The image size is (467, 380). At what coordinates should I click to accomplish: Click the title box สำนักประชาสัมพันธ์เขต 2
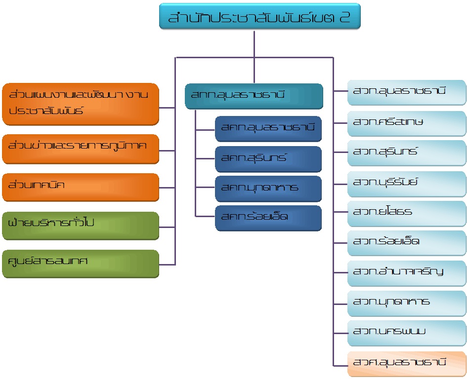[x=259, y=18]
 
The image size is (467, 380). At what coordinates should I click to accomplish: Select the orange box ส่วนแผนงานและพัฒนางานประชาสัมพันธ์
[x=81, y=104]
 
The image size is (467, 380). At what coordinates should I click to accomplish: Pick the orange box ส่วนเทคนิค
[x=81, y=187]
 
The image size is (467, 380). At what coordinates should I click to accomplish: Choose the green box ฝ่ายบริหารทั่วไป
[x=81, y=225]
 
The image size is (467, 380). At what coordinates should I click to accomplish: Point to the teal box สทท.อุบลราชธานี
[x=254, y=96]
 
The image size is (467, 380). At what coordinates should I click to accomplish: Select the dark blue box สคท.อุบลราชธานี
[x=268, y=129]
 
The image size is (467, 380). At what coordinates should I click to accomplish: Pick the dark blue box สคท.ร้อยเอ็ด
[x=268, y=218]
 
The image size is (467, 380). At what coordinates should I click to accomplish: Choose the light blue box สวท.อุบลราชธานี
[x=407, y=92]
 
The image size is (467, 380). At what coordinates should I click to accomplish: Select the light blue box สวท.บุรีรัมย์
[x=407, y=183]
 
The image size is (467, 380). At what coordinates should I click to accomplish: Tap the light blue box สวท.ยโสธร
[x=407, y=213]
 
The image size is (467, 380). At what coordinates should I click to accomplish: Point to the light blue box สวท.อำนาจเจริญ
[x=407, y=272]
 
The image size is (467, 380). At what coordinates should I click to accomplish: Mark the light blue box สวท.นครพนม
[x=407, y=332]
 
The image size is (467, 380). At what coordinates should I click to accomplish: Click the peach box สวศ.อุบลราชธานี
[x=407, y=363]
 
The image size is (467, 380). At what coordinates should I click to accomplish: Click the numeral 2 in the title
[x=344, y=18]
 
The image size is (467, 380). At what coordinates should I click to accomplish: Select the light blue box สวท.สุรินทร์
[x=407, y=152]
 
